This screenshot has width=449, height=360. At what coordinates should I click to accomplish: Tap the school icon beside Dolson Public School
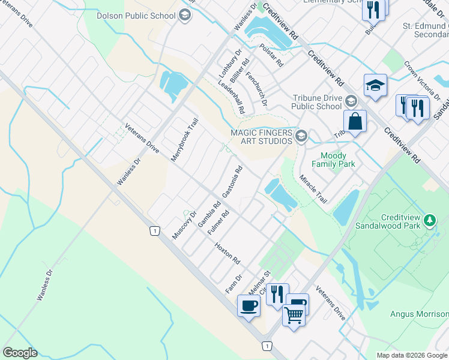185,14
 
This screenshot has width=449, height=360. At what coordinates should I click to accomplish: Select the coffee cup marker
249,306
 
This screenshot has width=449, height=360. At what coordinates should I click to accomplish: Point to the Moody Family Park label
334,160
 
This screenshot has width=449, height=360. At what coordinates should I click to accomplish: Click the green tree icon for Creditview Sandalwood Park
430,220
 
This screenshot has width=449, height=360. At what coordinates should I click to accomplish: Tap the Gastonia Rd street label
232,182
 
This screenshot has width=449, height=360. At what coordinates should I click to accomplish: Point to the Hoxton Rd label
228,253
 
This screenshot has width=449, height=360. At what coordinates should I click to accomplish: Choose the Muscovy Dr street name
184,225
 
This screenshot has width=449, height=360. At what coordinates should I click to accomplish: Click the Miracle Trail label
313,188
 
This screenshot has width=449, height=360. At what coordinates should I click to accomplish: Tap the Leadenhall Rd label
232,98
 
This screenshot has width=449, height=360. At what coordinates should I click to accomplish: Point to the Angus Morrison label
419,313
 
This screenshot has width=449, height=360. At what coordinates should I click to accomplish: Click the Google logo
20,353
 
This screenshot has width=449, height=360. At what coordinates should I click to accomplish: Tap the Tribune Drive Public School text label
316,102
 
